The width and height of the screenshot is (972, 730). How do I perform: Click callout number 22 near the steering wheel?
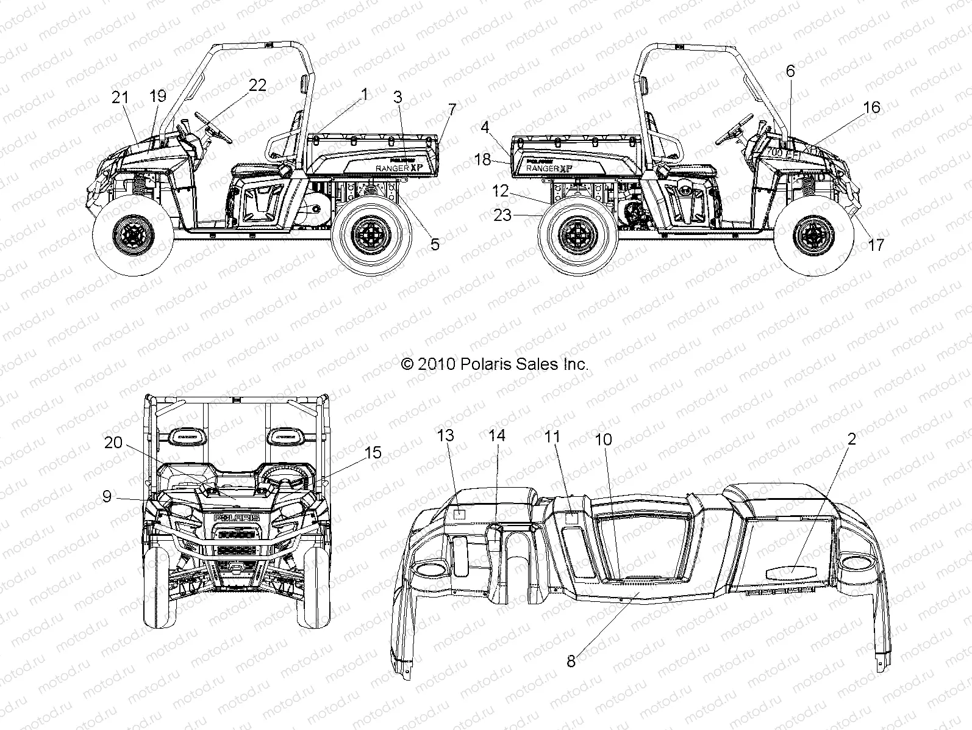click(x=258, y=85)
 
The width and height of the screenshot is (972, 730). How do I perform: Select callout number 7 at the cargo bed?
click(x=451, y=110)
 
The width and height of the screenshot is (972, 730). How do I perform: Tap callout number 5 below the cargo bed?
click(x=434, y=244)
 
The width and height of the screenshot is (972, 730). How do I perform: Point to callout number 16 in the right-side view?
click(x=872, y=107)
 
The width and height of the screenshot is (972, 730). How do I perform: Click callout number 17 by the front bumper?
click(x=876, y=245)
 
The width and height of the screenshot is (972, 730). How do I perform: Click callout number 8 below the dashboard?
click(x=571, y=661)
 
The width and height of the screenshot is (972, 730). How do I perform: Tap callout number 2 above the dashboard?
click(x=851, y=438)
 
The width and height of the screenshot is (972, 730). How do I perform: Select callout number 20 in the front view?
click(x=113, y=443)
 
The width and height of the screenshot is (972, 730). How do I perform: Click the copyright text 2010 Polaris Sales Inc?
click(x=495, y=364)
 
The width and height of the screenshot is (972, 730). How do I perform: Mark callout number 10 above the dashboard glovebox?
click(x=603, y=439)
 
